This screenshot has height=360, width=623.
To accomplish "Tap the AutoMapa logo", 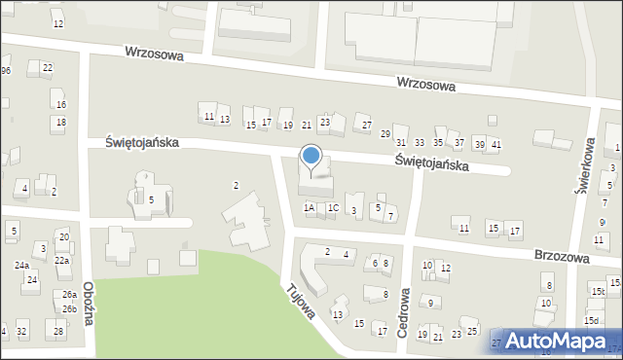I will coord(556,342).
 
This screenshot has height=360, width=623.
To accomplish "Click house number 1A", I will coord(310,207).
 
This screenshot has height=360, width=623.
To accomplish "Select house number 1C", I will coord(333,207).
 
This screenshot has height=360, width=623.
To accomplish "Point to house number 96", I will coord(5,71).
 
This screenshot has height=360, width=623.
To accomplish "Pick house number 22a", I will coord(61,261).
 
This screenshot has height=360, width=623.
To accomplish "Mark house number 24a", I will coord(21,265).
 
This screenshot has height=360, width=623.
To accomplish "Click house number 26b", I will coord(69,309).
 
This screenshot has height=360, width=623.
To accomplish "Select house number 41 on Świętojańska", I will coord(495,144).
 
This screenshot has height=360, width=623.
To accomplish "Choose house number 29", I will coord(385,133).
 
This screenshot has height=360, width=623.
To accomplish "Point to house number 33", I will coord(420,142).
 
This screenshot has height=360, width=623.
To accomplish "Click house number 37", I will coord(459,142).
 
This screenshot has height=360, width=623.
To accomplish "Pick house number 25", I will coord(472,333).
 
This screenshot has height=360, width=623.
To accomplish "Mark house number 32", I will coord(21,332).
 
